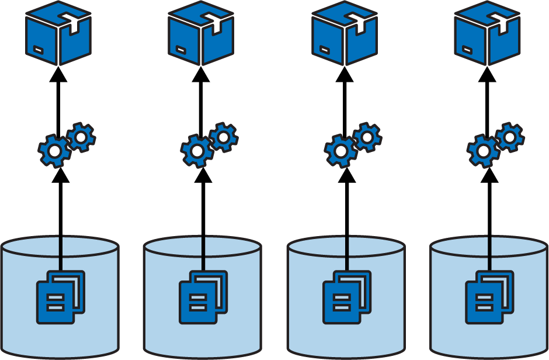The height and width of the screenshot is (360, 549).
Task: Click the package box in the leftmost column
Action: (58, 33)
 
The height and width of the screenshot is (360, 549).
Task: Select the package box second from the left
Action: (201, 33)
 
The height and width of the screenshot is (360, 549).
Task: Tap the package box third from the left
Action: (345, 33)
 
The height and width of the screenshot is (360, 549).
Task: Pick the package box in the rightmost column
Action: (488, 33)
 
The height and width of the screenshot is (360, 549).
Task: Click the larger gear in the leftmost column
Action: (54, 151)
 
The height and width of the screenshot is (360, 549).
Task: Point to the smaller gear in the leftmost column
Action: (81, 137)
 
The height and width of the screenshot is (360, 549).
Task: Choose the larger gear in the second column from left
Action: (197, 151)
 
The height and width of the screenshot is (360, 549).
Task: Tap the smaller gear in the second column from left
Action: (224, 137)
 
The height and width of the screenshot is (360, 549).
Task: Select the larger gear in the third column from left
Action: (340, 151)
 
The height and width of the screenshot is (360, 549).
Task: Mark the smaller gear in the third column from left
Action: (367, 137)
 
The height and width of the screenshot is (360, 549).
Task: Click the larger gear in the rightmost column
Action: (483, 151)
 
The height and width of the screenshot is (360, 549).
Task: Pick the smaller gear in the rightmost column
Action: (510, 137)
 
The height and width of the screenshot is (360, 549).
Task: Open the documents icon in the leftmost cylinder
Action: (61, 297)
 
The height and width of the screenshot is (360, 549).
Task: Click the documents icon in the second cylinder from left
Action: (203, 297)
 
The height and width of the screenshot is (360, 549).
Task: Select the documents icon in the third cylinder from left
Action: (347, 297)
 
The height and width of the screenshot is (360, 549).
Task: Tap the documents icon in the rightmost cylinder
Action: (489, 297)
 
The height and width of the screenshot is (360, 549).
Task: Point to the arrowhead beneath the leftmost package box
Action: (58, 74)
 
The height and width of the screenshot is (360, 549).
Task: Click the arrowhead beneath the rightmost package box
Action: (488, 74)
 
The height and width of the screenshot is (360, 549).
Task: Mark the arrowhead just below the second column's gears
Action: (203, 175)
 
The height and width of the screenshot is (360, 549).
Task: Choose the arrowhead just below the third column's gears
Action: (346, 175)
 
